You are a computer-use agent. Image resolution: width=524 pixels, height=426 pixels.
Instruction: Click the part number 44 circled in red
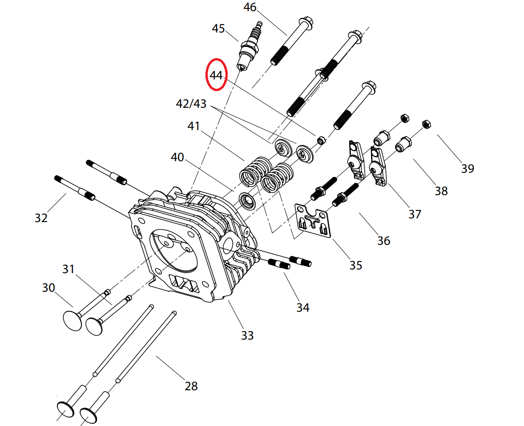tap(216, 75)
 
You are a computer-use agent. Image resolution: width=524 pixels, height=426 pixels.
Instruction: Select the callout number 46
tap(249, 7)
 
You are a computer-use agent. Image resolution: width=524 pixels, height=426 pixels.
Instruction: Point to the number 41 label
tap(193, 126)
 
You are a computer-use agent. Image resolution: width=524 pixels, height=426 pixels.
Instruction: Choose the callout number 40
tap(177, 157)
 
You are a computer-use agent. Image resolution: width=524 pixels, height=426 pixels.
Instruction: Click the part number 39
tap(467, 168)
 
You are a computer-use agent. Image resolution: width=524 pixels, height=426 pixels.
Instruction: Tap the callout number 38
tap(441, 190)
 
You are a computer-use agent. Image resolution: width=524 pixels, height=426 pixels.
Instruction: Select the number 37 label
tap(415, 214)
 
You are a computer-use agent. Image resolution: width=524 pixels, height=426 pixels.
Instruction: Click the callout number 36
tap(383, 241)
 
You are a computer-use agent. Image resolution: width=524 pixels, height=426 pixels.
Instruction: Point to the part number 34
tap(303, 307)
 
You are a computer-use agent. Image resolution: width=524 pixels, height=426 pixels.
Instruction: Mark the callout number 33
tap(247, 335)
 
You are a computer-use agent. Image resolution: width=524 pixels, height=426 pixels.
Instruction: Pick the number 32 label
tap(41, 217)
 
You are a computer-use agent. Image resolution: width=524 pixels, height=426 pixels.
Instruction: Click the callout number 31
tap(69, 269)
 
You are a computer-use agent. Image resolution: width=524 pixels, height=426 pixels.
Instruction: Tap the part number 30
tap(48, 288)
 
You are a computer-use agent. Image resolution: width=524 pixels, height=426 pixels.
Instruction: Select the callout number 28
tap(191, 386)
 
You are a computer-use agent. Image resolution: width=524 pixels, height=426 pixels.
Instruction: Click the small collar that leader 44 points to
tap(320, 139)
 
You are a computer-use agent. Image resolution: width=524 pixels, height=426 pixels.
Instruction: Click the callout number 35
tap(356, 265)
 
